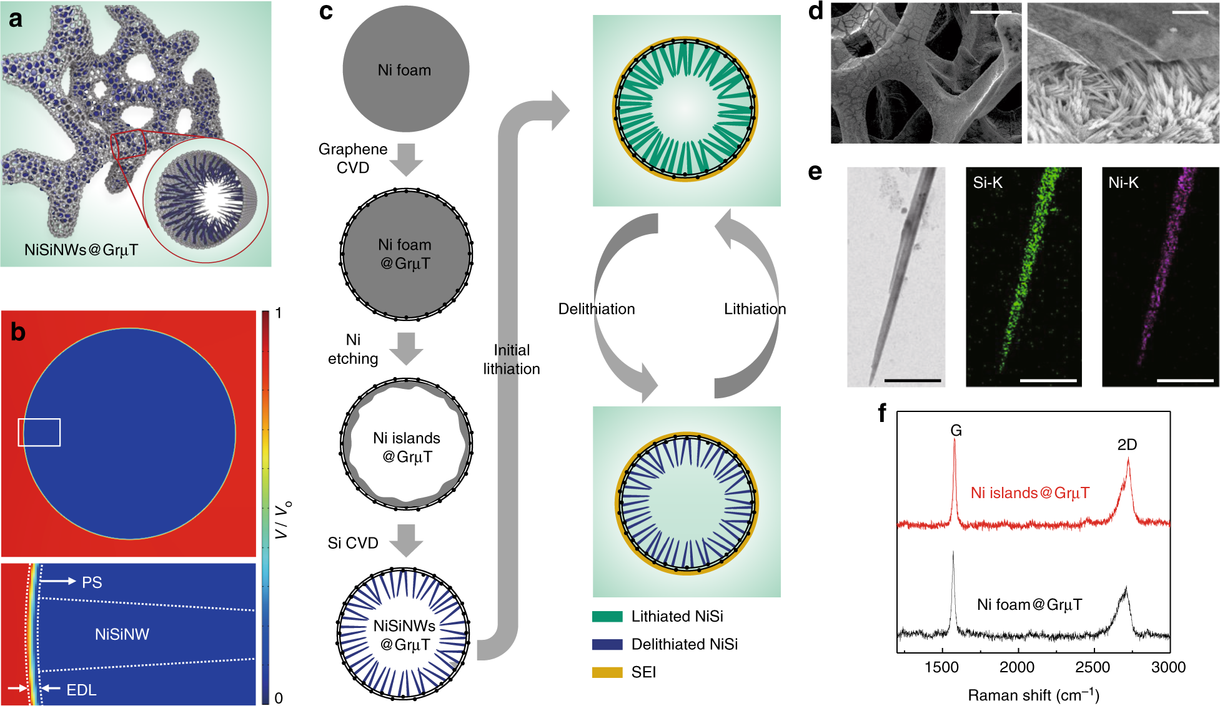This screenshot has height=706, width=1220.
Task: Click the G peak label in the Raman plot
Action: coord(956,430)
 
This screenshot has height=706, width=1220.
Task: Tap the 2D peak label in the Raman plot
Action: coord(1127,444)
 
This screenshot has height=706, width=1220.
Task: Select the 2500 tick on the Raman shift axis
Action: coord(1093,667)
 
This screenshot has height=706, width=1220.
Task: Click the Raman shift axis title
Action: coord(1033,695)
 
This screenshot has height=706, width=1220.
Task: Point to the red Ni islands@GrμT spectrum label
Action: coord(1029,493)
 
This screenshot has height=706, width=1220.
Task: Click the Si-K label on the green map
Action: coord(988,182)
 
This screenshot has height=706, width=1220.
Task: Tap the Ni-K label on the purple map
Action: coord(1123,182)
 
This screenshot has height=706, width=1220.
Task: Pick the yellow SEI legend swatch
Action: coord(607,672)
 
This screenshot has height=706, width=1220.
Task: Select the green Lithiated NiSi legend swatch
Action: coord(607,617)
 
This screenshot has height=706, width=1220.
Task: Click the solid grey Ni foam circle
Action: coord(405,69)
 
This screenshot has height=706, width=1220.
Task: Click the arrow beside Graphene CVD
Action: coord(406,159)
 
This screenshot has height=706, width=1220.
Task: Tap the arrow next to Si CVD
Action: coord(406,540)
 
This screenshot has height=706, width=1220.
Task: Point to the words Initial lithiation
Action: coord(512,360)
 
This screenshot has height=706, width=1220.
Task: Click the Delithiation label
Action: coord(597,309)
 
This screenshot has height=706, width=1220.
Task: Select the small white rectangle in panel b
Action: coord(39,433)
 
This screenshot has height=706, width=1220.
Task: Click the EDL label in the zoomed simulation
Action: coord(81,690)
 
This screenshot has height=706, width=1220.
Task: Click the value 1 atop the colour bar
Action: coord(279,313)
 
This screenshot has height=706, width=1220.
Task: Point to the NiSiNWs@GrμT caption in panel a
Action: coord(81,250)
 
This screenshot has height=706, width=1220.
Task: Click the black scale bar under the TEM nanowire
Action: coord(912,380)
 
